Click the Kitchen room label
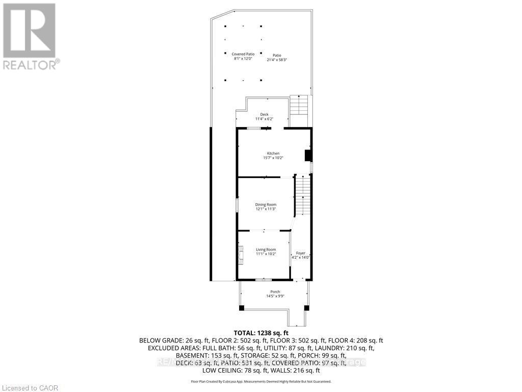click(273, 153)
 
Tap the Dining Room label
click(266, 204)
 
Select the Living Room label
click(266, 249)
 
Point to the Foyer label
click(301, 253)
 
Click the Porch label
click(275, 292)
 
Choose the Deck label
click(264, 114)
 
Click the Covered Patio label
click(243, 54)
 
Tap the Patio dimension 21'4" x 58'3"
click(277, 60)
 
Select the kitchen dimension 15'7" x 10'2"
click(273, 158)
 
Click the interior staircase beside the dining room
click(303, 196)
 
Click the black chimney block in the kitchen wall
click(308, 155)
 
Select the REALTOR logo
click(30, 36)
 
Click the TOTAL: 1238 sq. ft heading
click(261, 332)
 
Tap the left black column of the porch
click(241, 308)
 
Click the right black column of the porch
click(306, 308)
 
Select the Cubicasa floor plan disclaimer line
click(261, 381)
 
